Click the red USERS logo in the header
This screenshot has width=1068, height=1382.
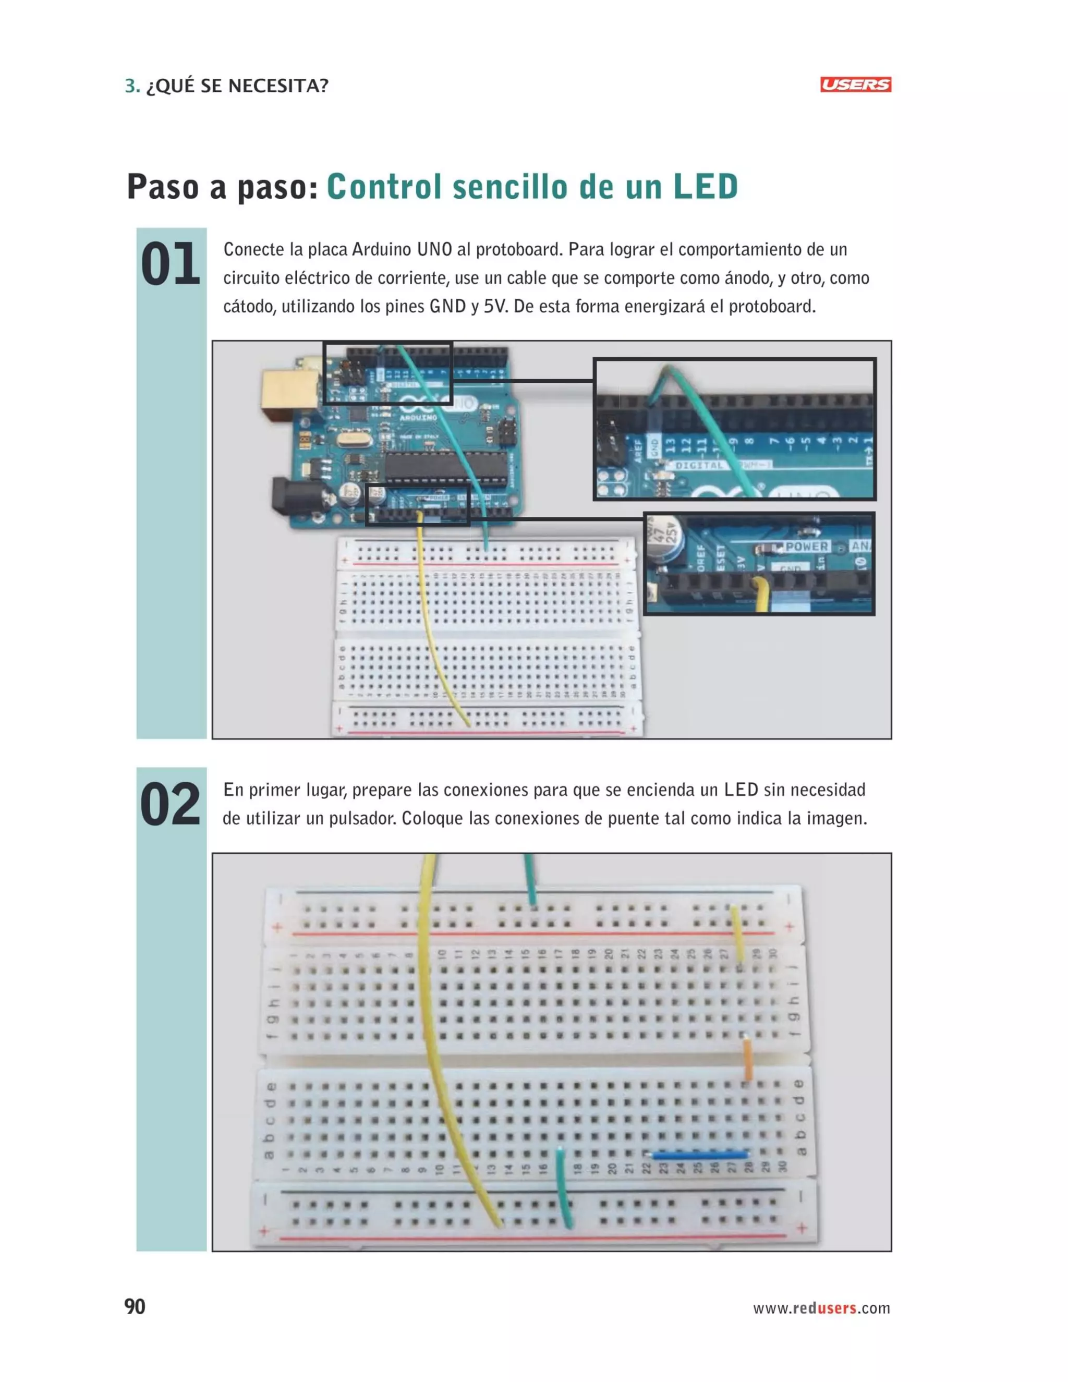(855, 85)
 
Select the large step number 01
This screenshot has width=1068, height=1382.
(170, 264)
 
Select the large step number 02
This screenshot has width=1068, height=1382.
(170, 804)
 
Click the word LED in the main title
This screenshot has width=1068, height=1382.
(705, 187)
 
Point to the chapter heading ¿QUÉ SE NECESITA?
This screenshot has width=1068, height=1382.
(237, 86)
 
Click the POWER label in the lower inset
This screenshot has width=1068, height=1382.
(807, 546)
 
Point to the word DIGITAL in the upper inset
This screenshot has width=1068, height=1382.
(698, 465)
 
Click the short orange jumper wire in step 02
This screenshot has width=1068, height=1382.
(747, 1059)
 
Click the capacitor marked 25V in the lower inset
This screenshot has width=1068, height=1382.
(667, 538)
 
